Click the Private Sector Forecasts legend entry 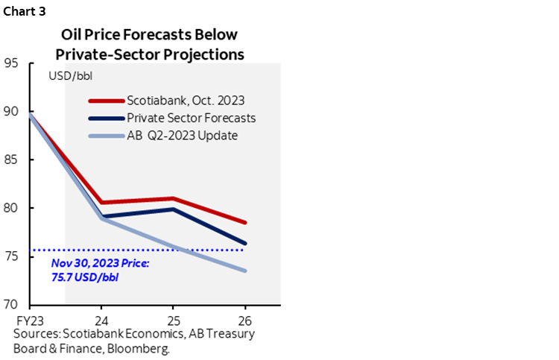coord(191,117)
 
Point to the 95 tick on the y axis coord(12,63)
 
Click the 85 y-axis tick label coord(12,160)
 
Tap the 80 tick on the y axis coord(12,208)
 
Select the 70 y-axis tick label coord(12,305)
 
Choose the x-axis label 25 coord(173,316)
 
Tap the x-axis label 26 coord(245,316)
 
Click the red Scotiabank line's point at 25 coord(173,198)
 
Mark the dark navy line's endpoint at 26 coord(245,243)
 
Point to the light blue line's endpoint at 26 coord(245,271)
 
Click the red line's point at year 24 coord(101,202)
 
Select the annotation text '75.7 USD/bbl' coord(85,277)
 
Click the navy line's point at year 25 coord(173,209)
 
